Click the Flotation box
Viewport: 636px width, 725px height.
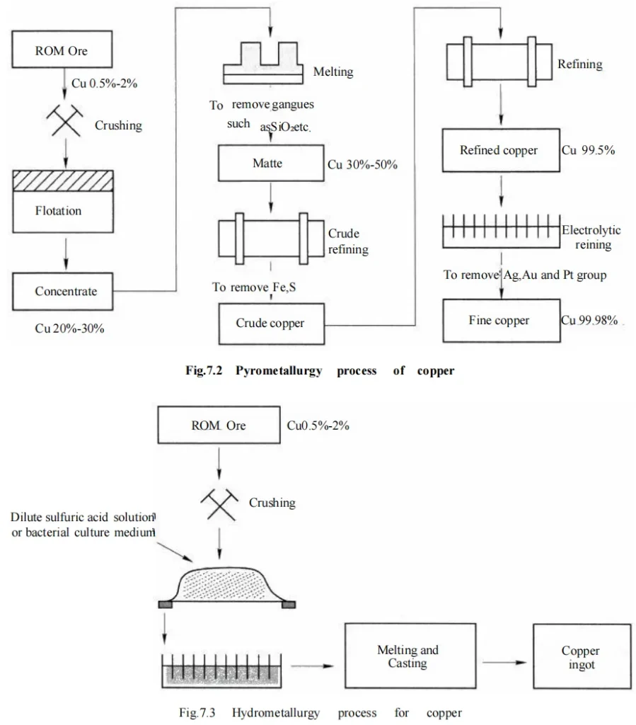coord(63,202)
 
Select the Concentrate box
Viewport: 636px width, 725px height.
coord(63,291)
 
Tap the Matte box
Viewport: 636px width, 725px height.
coord(271,164)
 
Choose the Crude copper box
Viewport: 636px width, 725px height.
coord(272,324)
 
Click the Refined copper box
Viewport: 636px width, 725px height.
coord(501,150)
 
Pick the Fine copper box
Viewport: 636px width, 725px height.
coord(502,321)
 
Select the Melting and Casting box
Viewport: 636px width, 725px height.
coord(410,656)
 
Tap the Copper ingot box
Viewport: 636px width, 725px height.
coord(582,656)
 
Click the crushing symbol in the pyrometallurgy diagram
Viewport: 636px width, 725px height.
coord(65,120)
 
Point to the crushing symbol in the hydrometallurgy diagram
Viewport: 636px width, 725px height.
coord(219,504)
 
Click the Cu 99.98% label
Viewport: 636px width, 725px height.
coord(589,321)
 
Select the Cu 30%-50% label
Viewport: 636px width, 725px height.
coord(363,164)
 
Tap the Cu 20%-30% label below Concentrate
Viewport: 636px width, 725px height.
coord(70,329)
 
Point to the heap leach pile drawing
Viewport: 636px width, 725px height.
coord(227,587)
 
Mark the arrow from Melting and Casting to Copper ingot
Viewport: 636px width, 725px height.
coord(504,663)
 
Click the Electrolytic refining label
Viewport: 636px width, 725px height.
coord(591,237)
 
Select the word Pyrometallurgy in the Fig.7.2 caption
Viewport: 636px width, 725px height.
coord(279,371)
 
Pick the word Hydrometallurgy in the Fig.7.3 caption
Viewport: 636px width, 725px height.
coord(276,712)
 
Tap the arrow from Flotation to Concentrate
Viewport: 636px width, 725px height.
coord(66,254)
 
